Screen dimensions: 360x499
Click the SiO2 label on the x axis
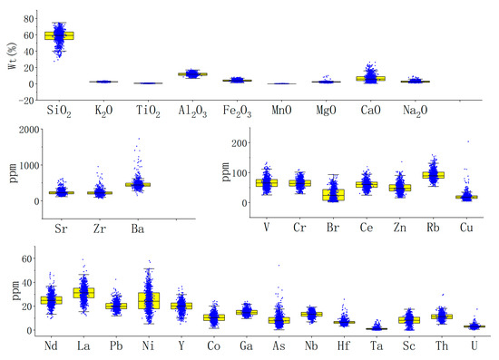click(59, 110)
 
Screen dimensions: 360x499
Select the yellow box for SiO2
click(59, 35)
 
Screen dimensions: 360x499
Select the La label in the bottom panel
click(83, 347)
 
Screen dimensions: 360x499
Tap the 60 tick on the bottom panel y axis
click(27, 258)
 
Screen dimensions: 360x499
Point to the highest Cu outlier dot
click(468, 141)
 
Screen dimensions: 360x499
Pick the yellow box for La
click(83, 293)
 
